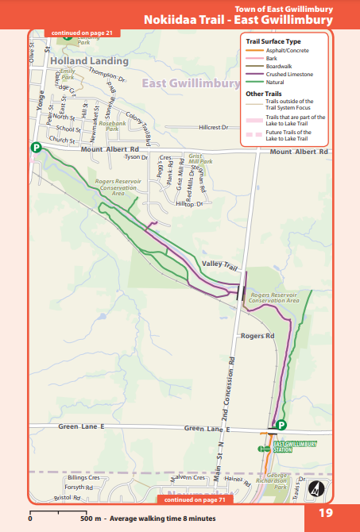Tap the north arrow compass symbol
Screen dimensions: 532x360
(316, 489)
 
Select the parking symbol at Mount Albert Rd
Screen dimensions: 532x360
(36, 147)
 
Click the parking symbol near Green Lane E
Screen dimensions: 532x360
(281, 426)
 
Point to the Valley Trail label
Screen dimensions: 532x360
(220, 264)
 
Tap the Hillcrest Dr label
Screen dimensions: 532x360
(213, 127)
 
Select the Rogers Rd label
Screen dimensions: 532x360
(257, 337)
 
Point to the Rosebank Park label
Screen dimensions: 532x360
(106, 125)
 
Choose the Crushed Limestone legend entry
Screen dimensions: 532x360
(277, 74)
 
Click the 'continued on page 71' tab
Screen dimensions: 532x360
(194, 500)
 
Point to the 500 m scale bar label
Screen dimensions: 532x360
(91, 518)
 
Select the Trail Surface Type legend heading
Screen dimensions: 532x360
(273, 40)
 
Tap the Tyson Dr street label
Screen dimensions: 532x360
(137, 157)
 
